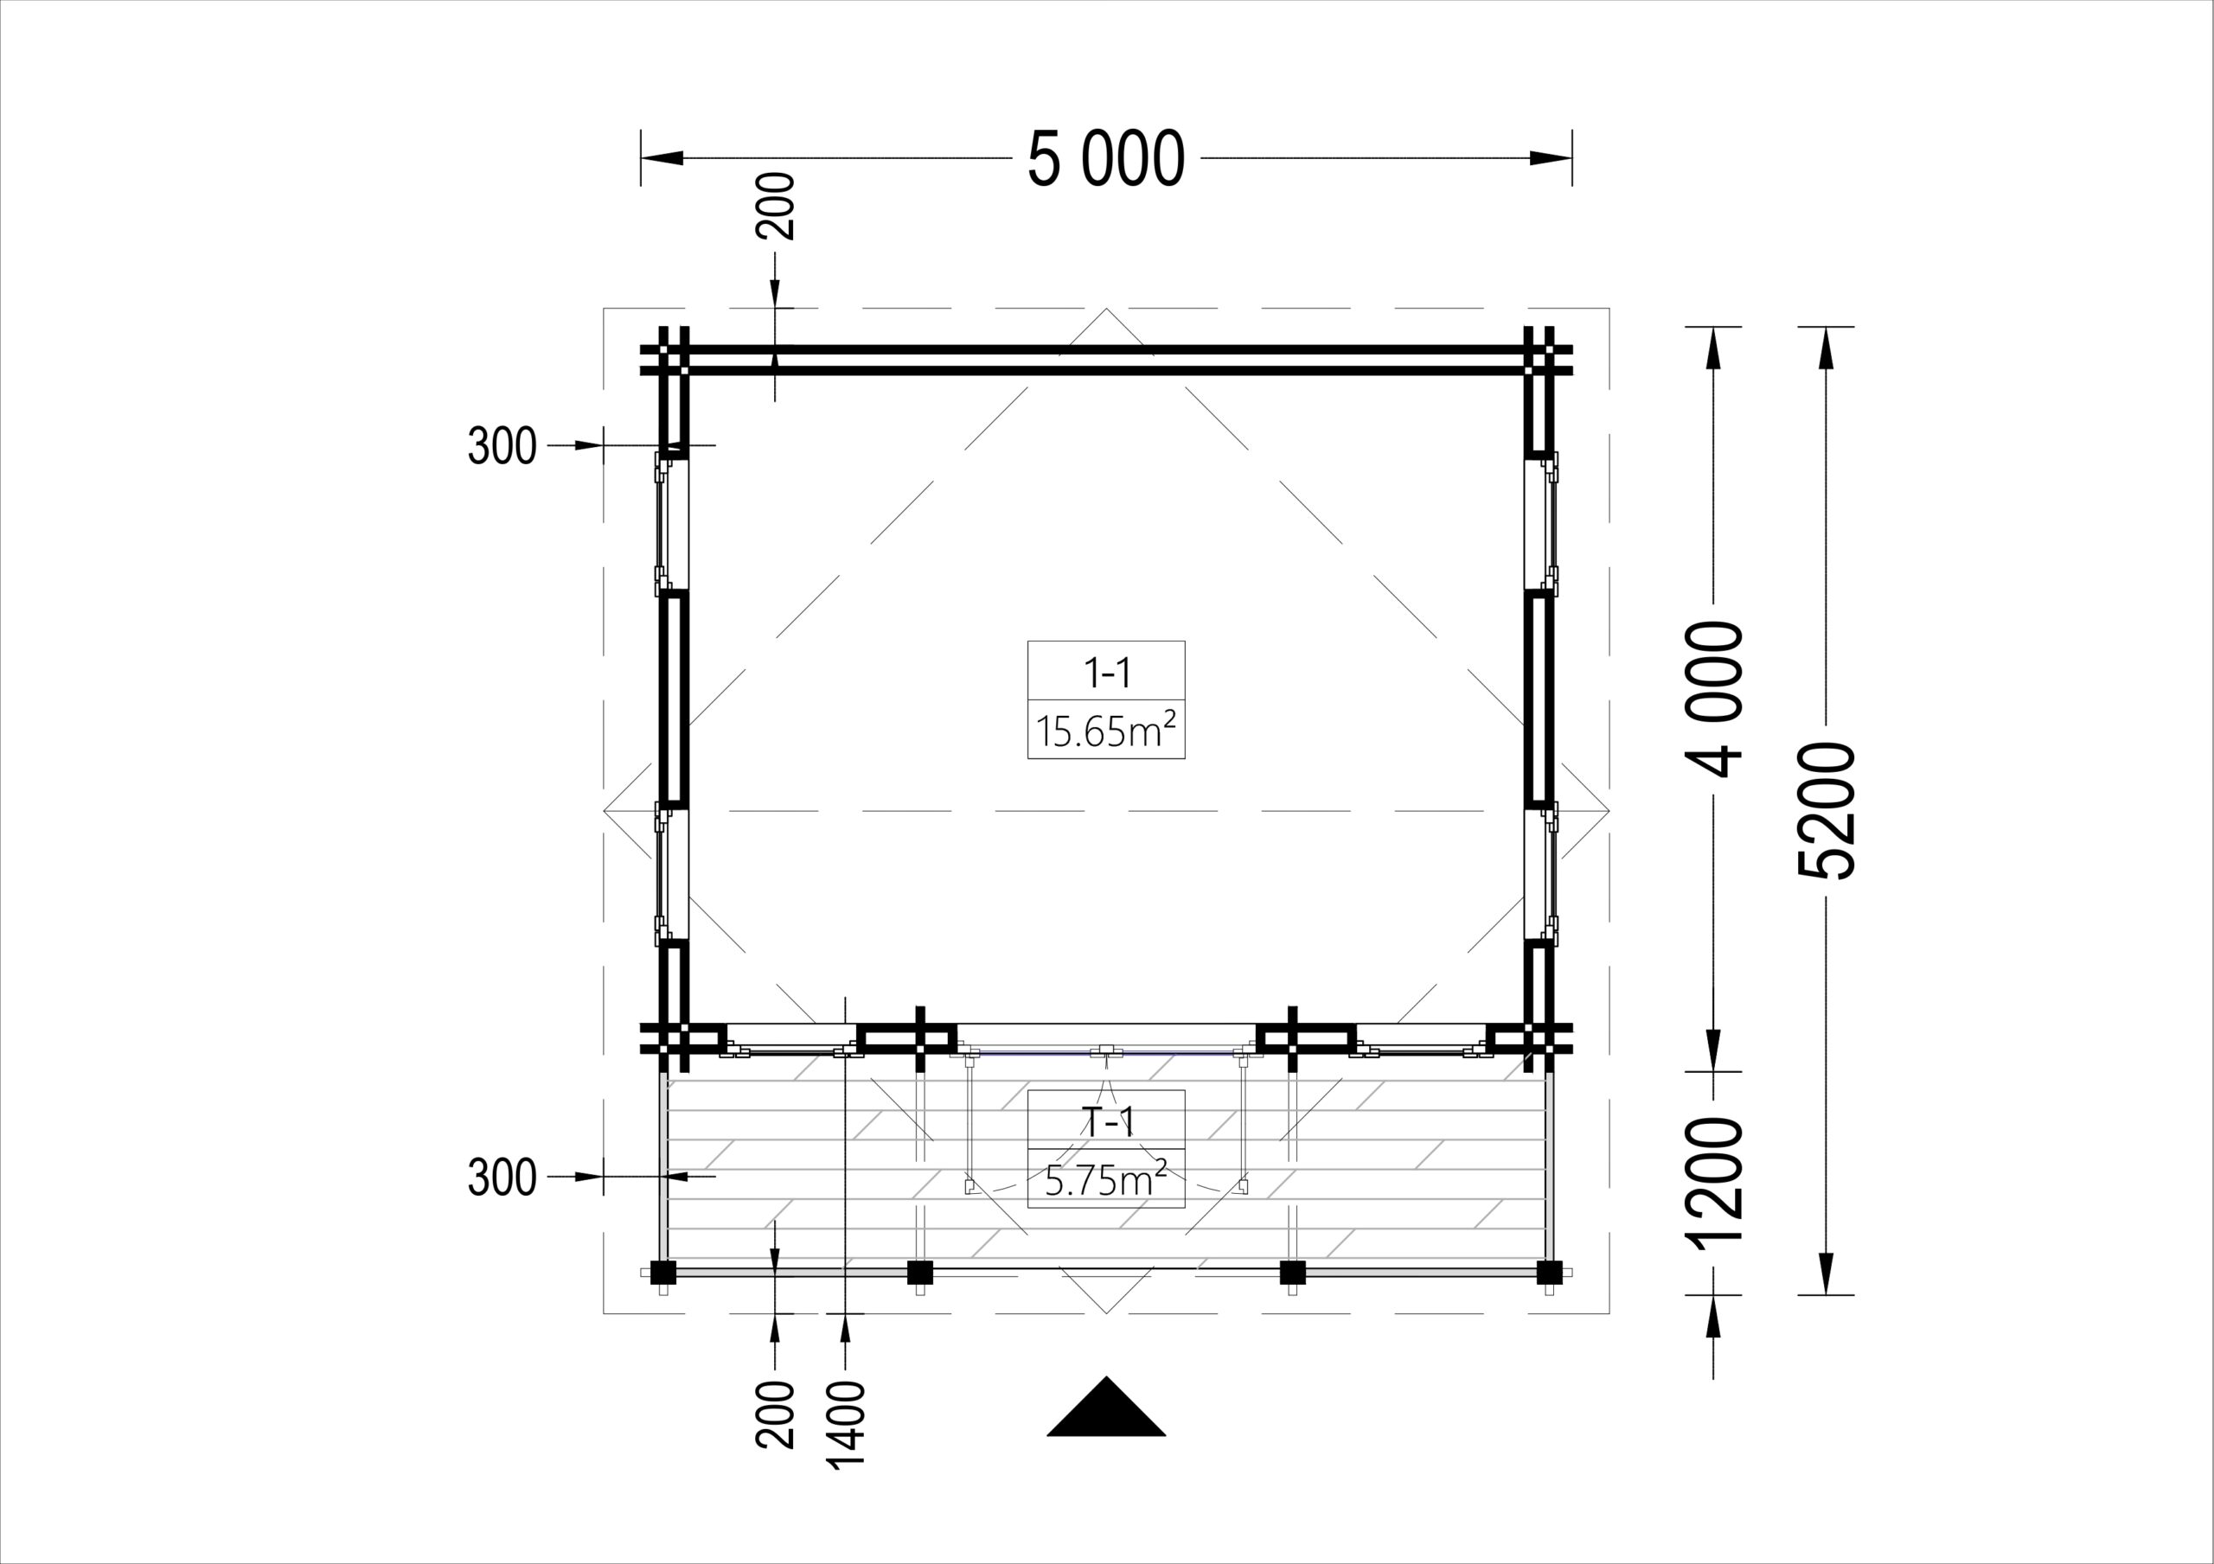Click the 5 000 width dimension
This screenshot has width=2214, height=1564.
pyautogui.click(x=1106, y=159)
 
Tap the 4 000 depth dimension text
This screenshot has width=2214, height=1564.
pyautogui.click(x=1713, y=699)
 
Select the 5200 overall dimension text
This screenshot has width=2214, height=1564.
pyautogui.click(x=1826, y=811)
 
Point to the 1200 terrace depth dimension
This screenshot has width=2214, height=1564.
pyautogui.click(x=1713, y=1183)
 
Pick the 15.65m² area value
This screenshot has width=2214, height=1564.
pyautogui.click(x=1106, y=730)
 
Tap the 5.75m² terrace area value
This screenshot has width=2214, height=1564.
pyautogui.click(x=1106, y=1179)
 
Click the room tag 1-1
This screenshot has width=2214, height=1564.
pyautogui.click(x=1106, y=672)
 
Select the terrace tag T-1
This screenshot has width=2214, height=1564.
pyautogui.click(x=1106, y=1121)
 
